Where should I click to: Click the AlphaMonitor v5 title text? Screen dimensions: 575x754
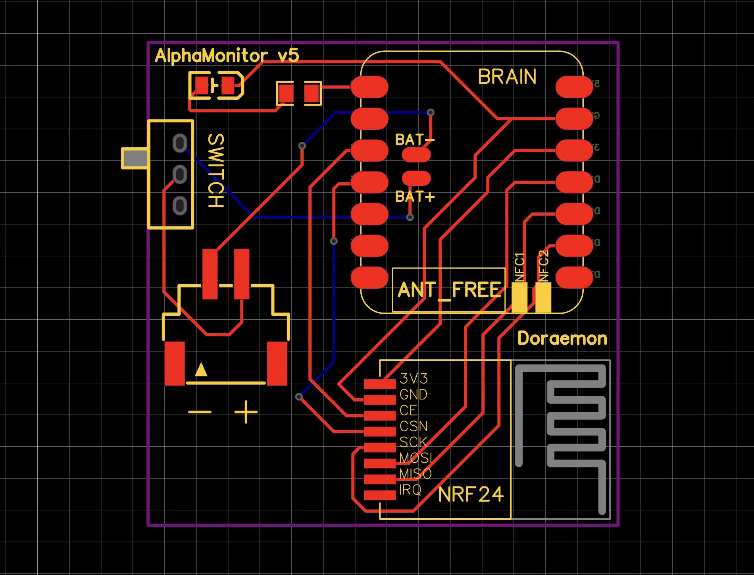227,56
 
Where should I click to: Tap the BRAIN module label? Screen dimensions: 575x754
507,77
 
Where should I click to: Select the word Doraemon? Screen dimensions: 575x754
562,338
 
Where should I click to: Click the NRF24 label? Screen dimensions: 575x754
471,494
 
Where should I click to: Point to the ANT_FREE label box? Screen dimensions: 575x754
448,290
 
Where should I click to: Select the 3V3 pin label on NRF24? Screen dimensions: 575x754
414,378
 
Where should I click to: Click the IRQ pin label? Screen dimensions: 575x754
410,490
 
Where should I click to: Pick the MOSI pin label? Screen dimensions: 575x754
415,458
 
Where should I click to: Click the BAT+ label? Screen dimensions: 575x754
415,197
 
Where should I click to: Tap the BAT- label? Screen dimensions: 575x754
414,140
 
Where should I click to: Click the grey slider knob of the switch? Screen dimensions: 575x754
135,158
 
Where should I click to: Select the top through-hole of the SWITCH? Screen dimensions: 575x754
180,143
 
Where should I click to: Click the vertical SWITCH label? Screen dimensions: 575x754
216,170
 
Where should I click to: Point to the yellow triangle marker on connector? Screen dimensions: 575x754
201,370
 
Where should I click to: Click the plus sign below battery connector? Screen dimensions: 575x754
246,412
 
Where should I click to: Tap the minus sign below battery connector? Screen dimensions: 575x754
200,412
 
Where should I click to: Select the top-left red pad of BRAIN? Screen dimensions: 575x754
369,87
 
